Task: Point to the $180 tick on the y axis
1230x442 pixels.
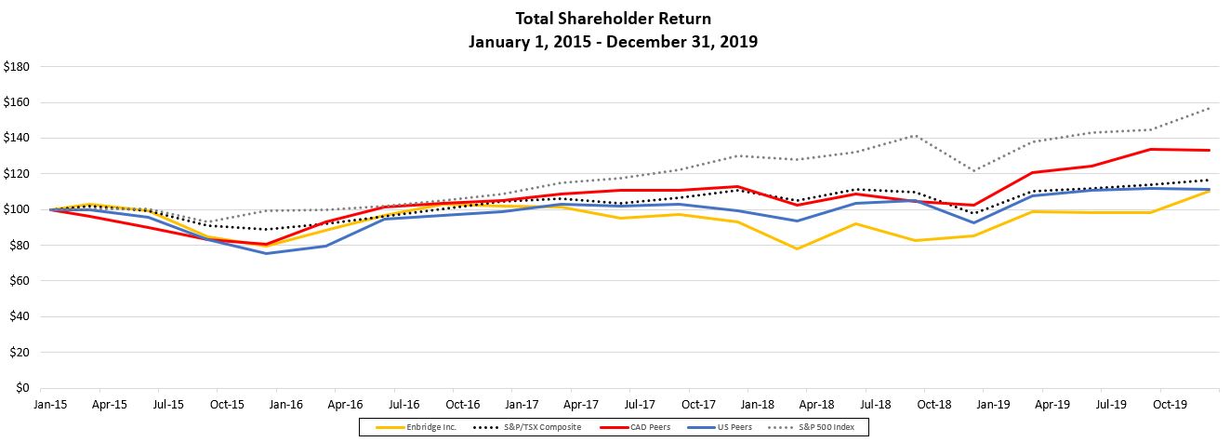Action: [x=18, y=67]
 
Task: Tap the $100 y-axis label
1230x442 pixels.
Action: [x=18, y=209]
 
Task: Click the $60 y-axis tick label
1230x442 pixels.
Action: [x=20, y=281]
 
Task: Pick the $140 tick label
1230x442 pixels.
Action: [x=18, y=138]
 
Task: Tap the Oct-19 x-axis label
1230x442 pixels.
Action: [x=1158, y=406]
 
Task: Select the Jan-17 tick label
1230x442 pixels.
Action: [x=521, y=406]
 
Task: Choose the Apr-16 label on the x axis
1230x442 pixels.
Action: [x=344, y=406]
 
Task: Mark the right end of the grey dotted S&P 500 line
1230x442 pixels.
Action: [x=1210, y=108]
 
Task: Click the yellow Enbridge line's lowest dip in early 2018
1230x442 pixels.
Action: [x=797, y=248]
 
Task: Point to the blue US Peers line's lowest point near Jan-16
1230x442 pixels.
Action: [x=267, y=253]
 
